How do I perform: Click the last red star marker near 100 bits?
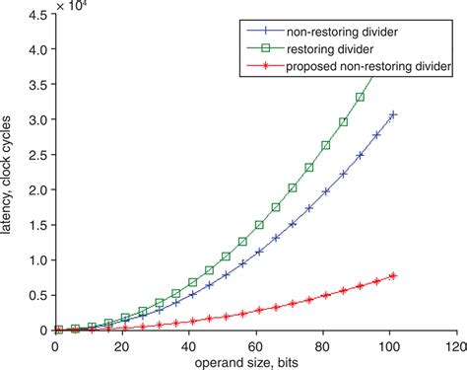393,276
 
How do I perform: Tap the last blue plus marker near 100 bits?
393,114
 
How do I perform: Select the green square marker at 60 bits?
259,225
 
